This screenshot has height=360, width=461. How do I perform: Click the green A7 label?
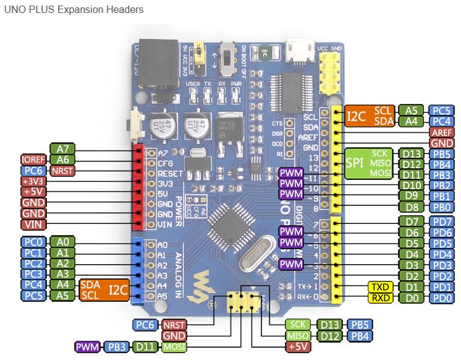point(62,148)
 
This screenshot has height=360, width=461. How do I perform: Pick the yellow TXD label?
point(379,287)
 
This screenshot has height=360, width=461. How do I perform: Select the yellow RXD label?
point(379,298)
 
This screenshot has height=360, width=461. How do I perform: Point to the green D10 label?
point(412,185)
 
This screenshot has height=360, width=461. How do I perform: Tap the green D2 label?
point(412,276)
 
